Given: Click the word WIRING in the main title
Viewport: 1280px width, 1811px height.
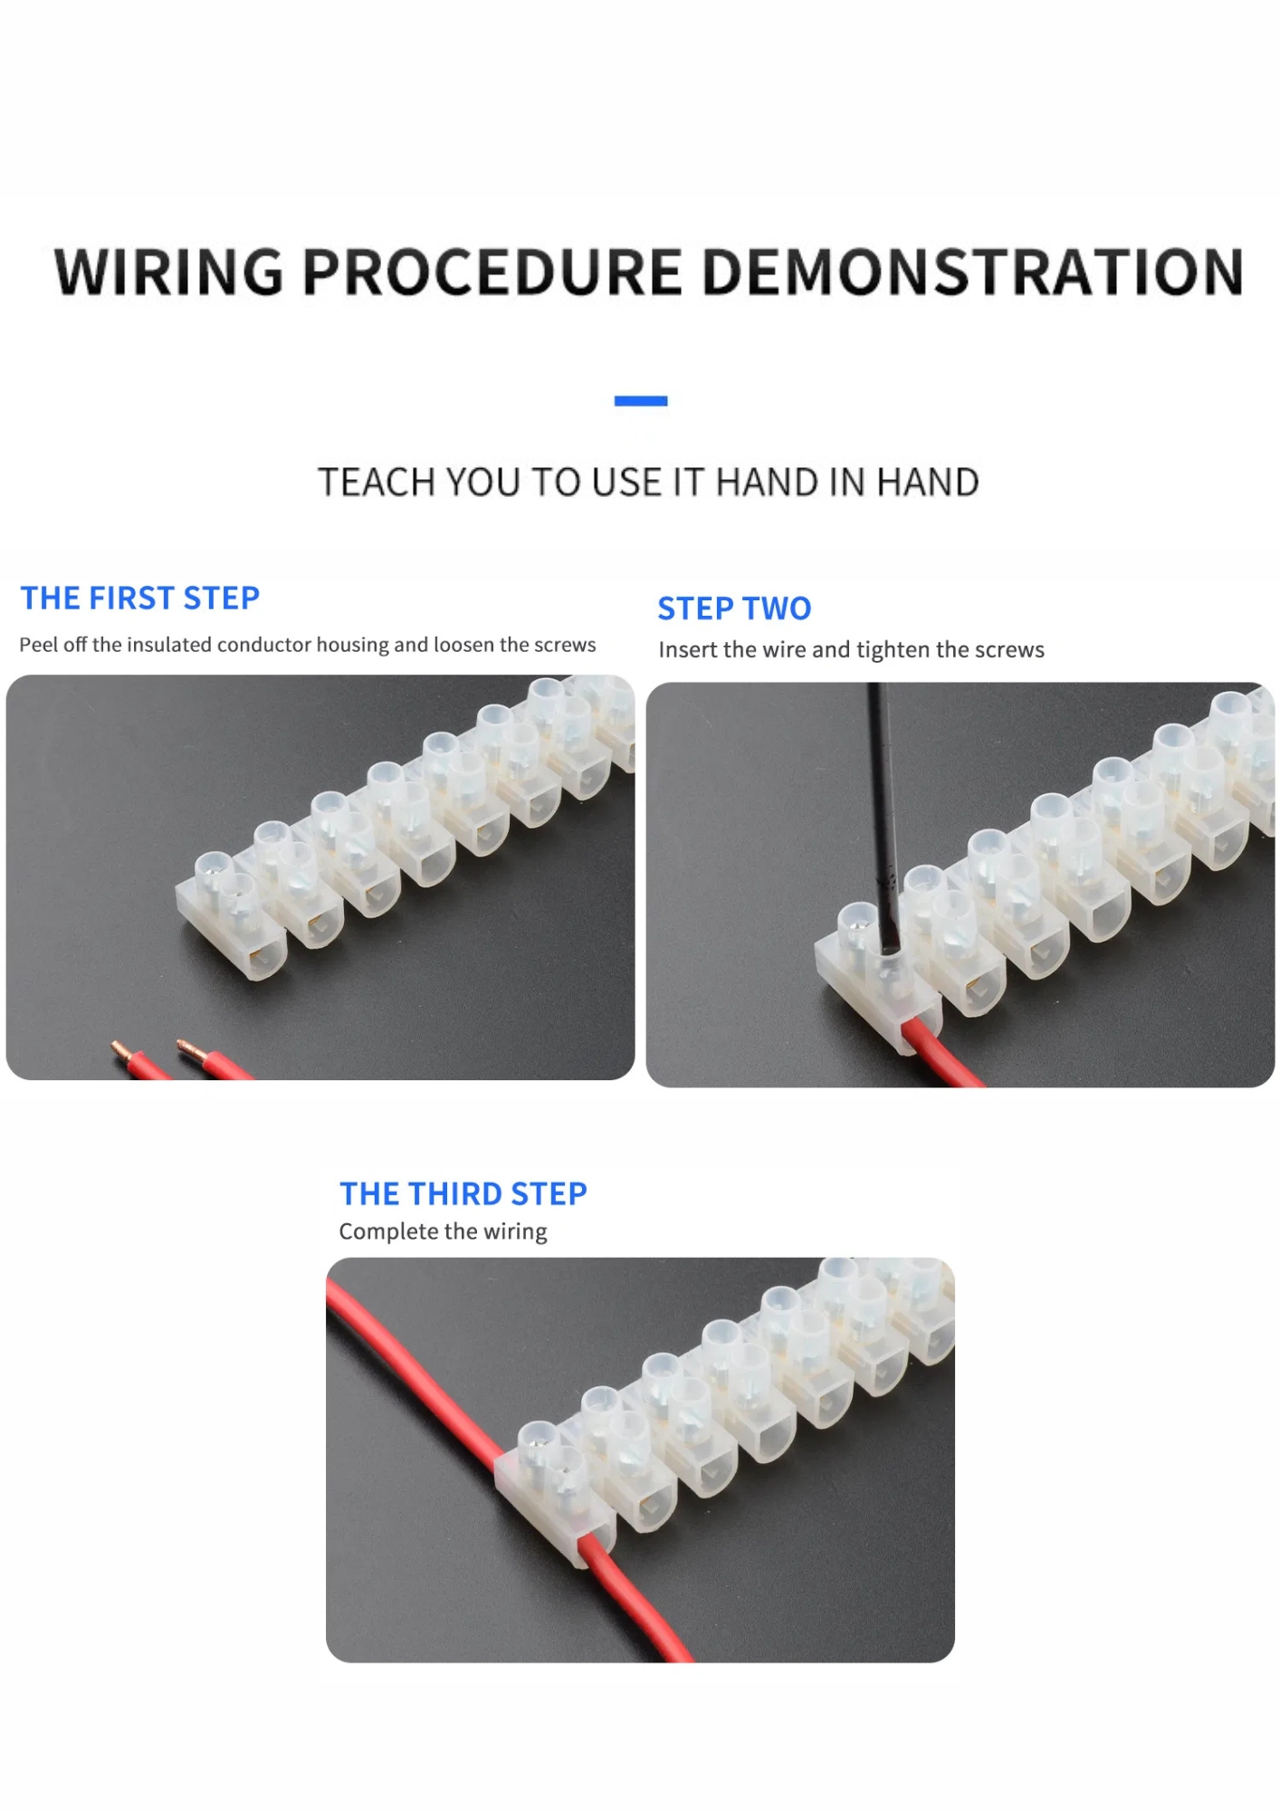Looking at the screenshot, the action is click(168, 272).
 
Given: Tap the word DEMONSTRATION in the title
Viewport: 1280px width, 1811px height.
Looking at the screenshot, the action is click(972, 272).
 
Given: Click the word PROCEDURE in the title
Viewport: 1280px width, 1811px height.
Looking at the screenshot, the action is click(492, 272).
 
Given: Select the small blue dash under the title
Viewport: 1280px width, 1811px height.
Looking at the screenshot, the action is click(641, 400).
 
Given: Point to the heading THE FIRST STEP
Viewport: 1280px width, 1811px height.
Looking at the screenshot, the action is click(140, 598).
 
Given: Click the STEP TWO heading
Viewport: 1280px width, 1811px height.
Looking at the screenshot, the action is click(734, 608).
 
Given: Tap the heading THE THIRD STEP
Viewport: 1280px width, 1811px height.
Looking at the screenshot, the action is click(463, 1193).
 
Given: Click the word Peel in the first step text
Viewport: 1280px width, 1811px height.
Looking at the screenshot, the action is click(39, 645).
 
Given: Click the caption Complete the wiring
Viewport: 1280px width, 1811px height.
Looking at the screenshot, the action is click(443, 1231).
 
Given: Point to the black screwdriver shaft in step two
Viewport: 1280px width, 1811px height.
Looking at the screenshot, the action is click(884, 815).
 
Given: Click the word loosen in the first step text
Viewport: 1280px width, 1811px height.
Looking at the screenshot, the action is click(463, 645).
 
